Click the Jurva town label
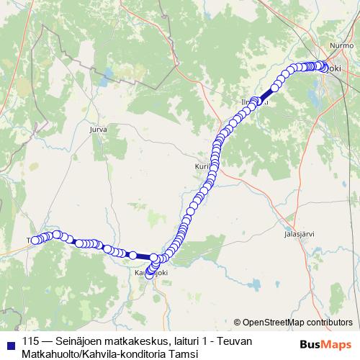click(x=98, y=130)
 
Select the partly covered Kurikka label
click(x=202, y=166)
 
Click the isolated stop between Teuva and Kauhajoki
click(x=132, y=255)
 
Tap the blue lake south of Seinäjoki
click(x=315, y=94)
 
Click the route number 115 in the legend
click(x=30, y=341)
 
